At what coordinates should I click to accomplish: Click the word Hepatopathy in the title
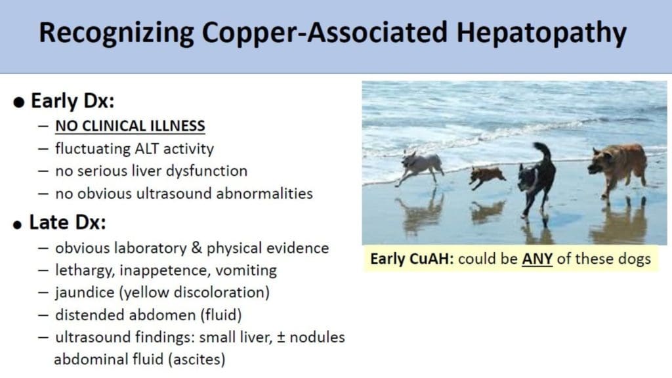click(541, 33)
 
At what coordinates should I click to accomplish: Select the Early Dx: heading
click(73, 101)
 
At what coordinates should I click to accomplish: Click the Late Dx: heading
click(68, 222)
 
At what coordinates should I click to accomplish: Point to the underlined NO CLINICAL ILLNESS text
click(131, 126)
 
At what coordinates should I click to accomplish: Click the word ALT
click(147, 149)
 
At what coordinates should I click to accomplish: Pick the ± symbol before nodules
click(281, 337)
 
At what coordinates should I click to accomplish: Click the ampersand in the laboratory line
click(196, 247)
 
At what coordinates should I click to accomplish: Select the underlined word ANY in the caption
click(537, 259)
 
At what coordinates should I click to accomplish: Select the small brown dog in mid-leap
click(488, 177)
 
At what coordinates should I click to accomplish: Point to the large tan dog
click(618, 169)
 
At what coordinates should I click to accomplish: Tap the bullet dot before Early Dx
click(19, 102)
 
